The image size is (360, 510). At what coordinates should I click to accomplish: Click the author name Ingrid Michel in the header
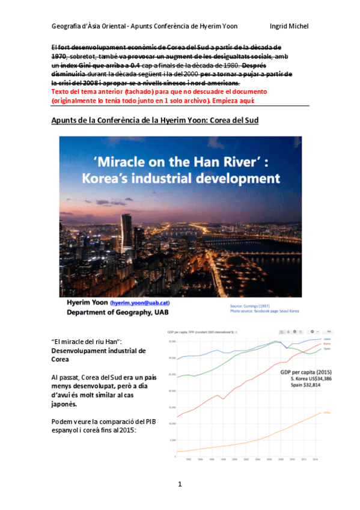coord(290,26)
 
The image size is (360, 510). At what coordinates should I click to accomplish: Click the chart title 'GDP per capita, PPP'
coord(187,331)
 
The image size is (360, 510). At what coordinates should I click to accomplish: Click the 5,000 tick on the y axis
coord(171,440)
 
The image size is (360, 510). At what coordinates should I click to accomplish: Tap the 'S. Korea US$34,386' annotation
coord(306,379)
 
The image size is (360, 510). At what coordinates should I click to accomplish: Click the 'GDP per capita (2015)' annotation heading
coord(306,372)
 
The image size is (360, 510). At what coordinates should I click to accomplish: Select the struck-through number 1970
coord(59,55)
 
